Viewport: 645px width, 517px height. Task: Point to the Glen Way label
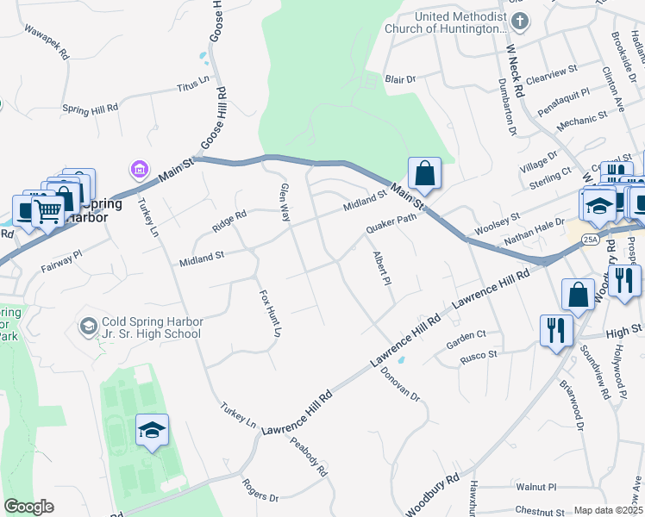tap(285, 202)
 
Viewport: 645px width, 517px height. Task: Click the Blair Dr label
tap(400, 79)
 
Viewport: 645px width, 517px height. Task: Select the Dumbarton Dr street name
tap(506, 105)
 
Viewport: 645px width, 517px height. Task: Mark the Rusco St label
tap(479, 354)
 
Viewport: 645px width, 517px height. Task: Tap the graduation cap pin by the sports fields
tap(152, 430)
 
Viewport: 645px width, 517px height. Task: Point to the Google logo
tap(28, 507)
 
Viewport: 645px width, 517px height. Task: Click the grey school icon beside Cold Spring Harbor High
tap(88, 327)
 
